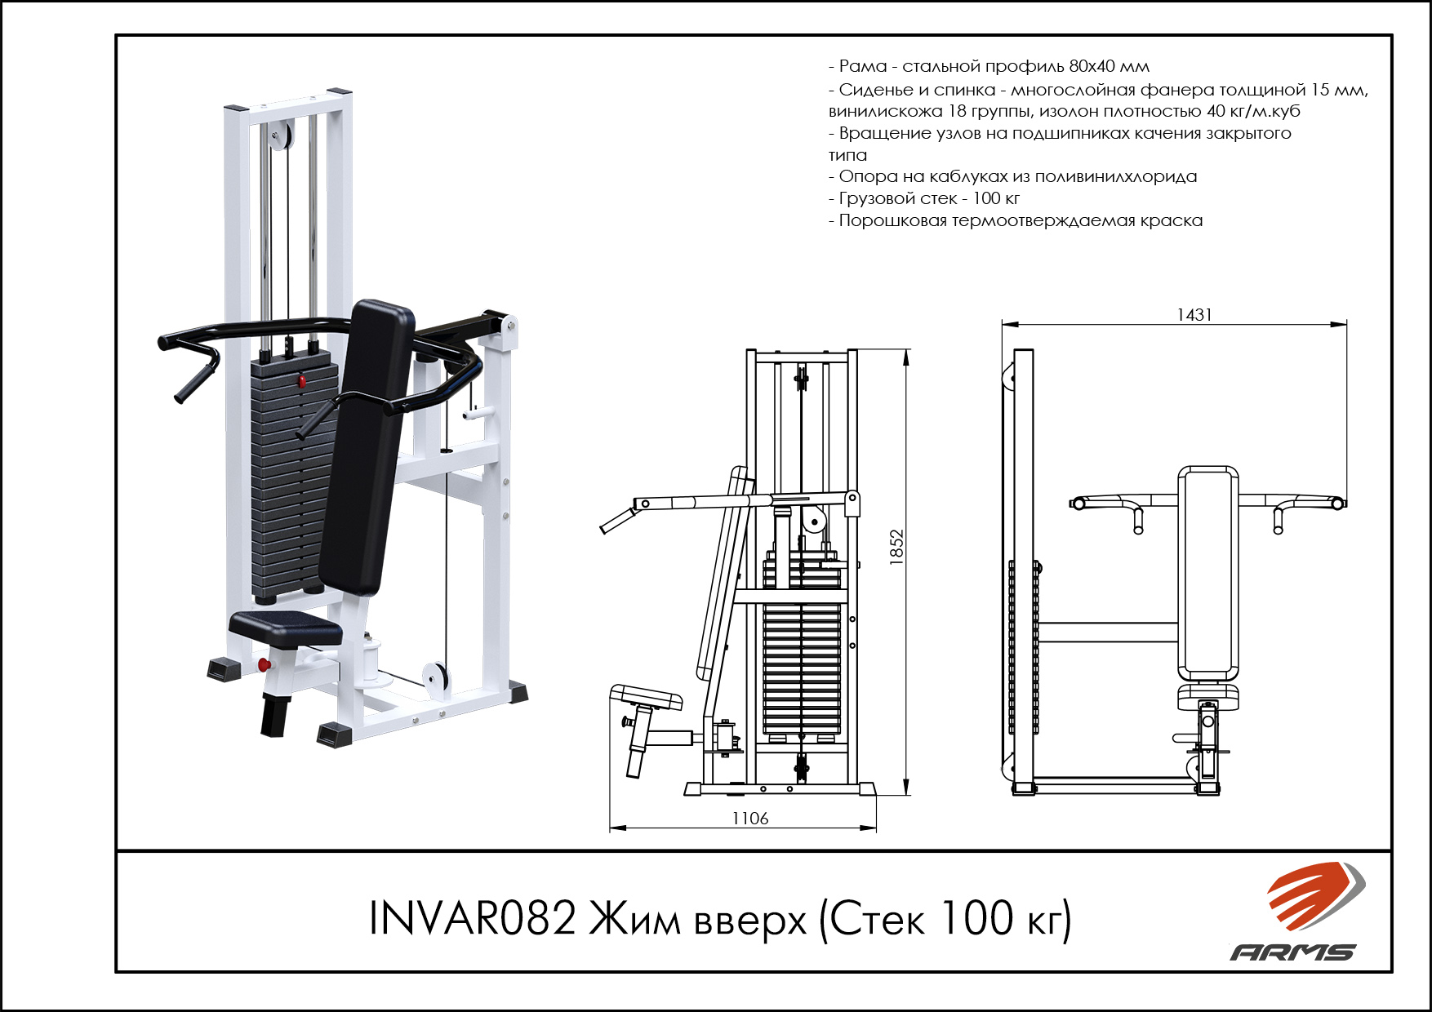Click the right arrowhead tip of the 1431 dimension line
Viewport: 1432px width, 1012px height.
point(1346,324)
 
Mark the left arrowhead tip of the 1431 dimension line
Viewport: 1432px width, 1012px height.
point(1003,324)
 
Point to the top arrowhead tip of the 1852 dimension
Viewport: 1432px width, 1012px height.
point(906,350)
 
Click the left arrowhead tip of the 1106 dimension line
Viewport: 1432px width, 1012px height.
point(611,828)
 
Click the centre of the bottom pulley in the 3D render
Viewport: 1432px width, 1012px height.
point(434,679)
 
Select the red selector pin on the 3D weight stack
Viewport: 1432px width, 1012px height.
point(301,381)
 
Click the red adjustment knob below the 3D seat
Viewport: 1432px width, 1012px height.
point(264,664)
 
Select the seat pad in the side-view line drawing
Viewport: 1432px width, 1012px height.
point(646,696)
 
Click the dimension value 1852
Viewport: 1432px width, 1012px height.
point(896,548)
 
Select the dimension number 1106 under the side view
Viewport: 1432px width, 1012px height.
point(749,818)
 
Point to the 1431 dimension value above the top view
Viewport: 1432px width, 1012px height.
point(1194,314)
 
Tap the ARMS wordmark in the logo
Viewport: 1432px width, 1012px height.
point(1293,952)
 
